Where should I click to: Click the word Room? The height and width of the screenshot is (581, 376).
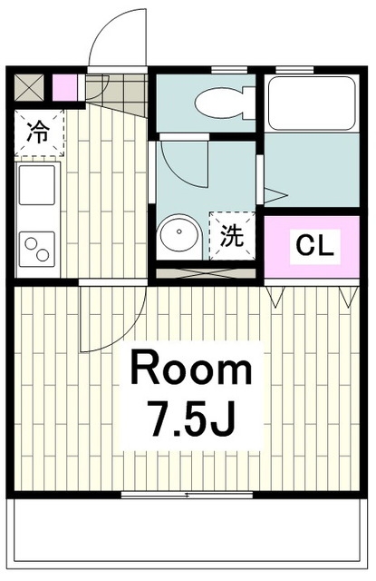191,369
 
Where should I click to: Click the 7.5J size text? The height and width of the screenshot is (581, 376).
191,419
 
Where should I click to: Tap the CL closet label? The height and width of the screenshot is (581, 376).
315,245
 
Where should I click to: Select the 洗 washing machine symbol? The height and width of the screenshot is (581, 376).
232,236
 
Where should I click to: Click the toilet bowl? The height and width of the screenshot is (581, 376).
225,103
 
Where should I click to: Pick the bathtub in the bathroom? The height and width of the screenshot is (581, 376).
312,103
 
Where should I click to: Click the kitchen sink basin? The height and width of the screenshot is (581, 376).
37,185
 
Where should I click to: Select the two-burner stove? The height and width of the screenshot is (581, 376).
37,249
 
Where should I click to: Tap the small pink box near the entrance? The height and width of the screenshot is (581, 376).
65,87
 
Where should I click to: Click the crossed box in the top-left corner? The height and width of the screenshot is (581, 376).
29,87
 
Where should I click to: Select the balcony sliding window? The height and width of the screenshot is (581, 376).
187,495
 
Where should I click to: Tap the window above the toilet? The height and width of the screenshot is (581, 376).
229,69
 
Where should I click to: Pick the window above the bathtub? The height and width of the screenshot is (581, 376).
294,69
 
